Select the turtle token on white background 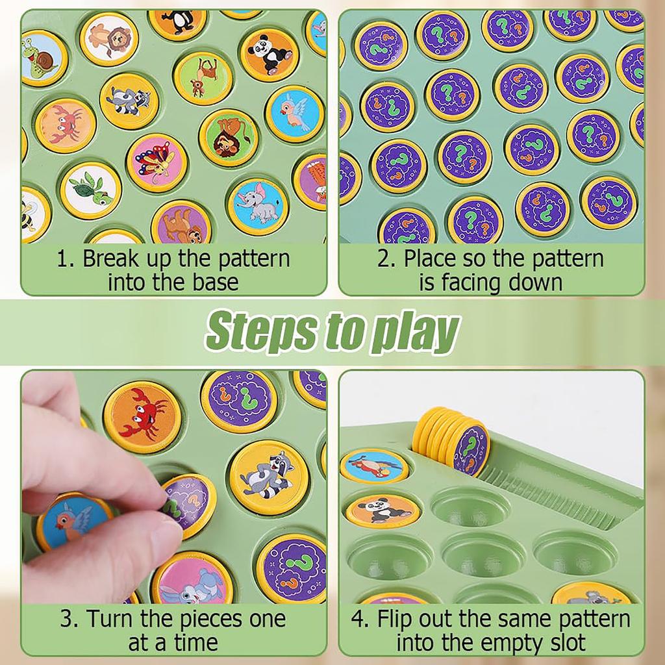91,189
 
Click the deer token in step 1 203,78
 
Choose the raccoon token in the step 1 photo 129,101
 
